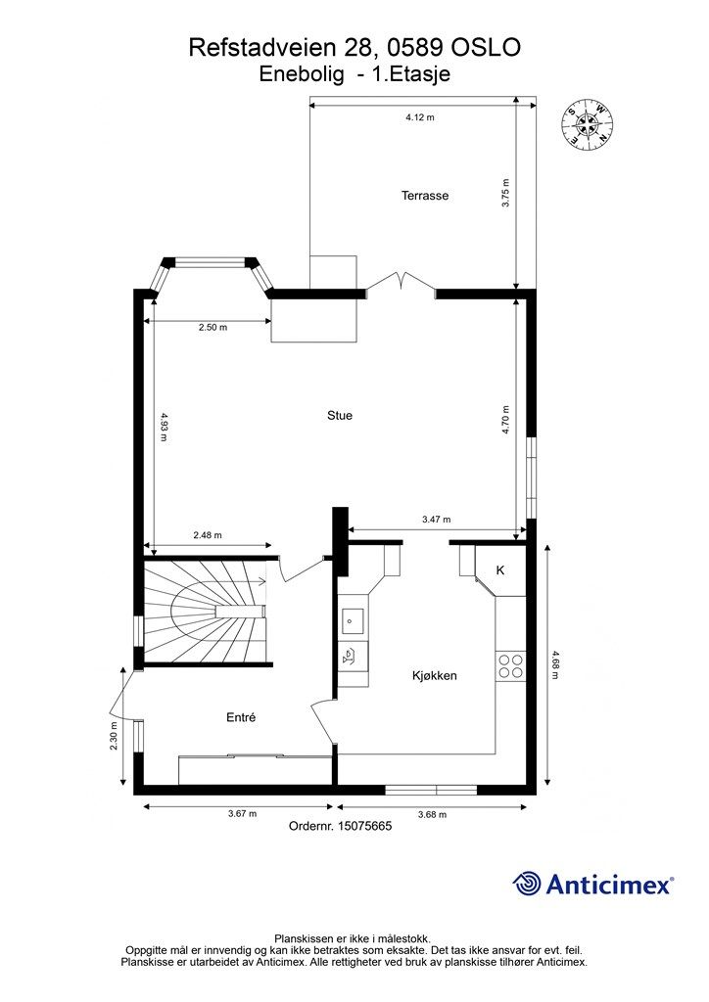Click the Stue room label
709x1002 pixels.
(340, 415)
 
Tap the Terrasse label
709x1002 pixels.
(424, 196)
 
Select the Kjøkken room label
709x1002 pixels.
(435, 675)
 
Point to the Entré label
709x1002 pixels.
(241, 717)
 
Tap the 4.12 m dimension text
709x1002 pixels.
(420, 117)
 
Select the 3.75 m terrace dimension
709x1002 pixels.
(505, 193)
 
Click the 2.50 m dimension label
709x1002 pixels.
(213, 327)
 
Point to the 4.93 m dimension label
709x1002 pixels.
(164, 427)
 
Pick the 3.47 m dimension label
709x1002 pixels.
(436, 520)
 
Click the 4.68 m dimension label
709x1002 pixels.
(553, 664)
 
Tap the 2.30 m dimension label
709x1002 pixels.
(114, 736)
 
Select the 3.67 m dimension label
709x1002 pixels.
(242, 814)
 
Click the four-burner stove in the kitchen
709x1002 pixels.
(510, 665)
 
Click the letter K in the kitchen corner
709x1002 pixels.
(500, 570)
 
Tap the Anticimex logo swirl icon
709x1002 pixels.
(527, 884)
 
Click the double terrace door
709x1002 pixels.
(401, 286)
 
